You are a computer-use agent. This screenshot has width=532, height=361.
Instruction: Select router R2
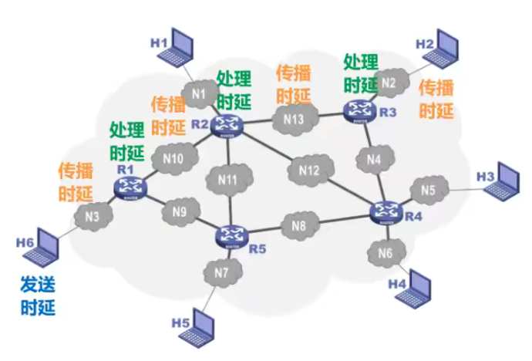click(x=228, y=124)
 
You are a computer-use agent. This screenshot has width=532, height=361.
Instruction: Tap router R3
click(x=359, y=110)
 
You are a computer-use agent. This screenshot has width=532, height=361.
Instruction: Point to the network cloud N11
click(x=227, y=180)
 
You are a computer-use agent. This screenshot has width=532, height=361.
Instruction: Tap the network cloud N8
click(x=298, y=226)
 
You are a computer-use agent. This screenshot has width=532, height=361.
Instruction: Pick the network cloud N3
click(x=93, y=218)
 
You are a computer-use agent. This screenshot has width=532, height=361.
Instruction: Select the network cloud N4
click(x=374, y=160)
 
